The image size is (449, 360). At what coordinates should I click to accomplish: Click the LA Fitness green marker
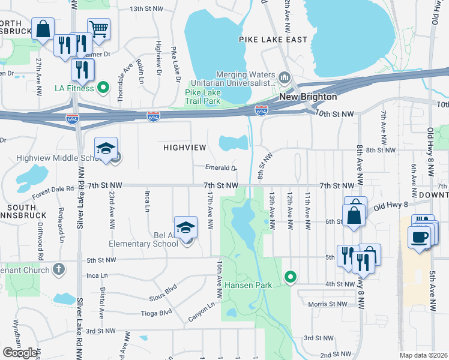[103, 88]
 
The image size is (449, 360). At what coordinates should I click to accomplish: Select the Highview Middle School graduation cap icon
[106, 148]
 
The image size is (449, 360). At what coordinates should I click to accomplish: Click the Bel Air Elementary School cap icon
[186, 227]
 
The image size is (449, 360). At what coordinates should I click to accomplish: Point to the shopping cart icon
[98, 28]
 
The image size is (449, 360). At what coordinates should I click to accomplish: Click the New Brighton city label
[308, 97]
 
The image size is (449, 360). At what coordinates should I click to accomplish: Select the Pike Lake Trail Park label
[203, 97]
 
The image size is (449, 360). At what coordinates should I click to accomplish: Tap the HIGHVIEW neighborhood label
[185, 147]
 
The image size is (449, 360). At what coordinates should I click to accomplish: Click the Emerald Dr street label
[221, 169]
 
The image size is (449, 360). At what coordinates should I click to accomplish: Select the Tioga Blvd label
[158, 313]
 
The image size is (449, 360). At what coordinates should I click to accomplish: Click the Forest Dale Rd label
[53, 191]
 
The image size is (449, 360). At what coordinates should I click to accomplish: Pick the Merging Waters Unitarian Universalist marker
[285, 77]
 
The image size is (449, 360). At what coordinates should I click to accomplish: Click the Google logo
[20, 353]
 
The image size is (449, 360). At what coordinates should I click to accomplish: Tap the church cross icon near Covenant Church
[59, 268]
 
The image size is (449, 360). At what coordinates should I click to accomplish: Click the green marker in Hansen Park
[291, 277]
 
